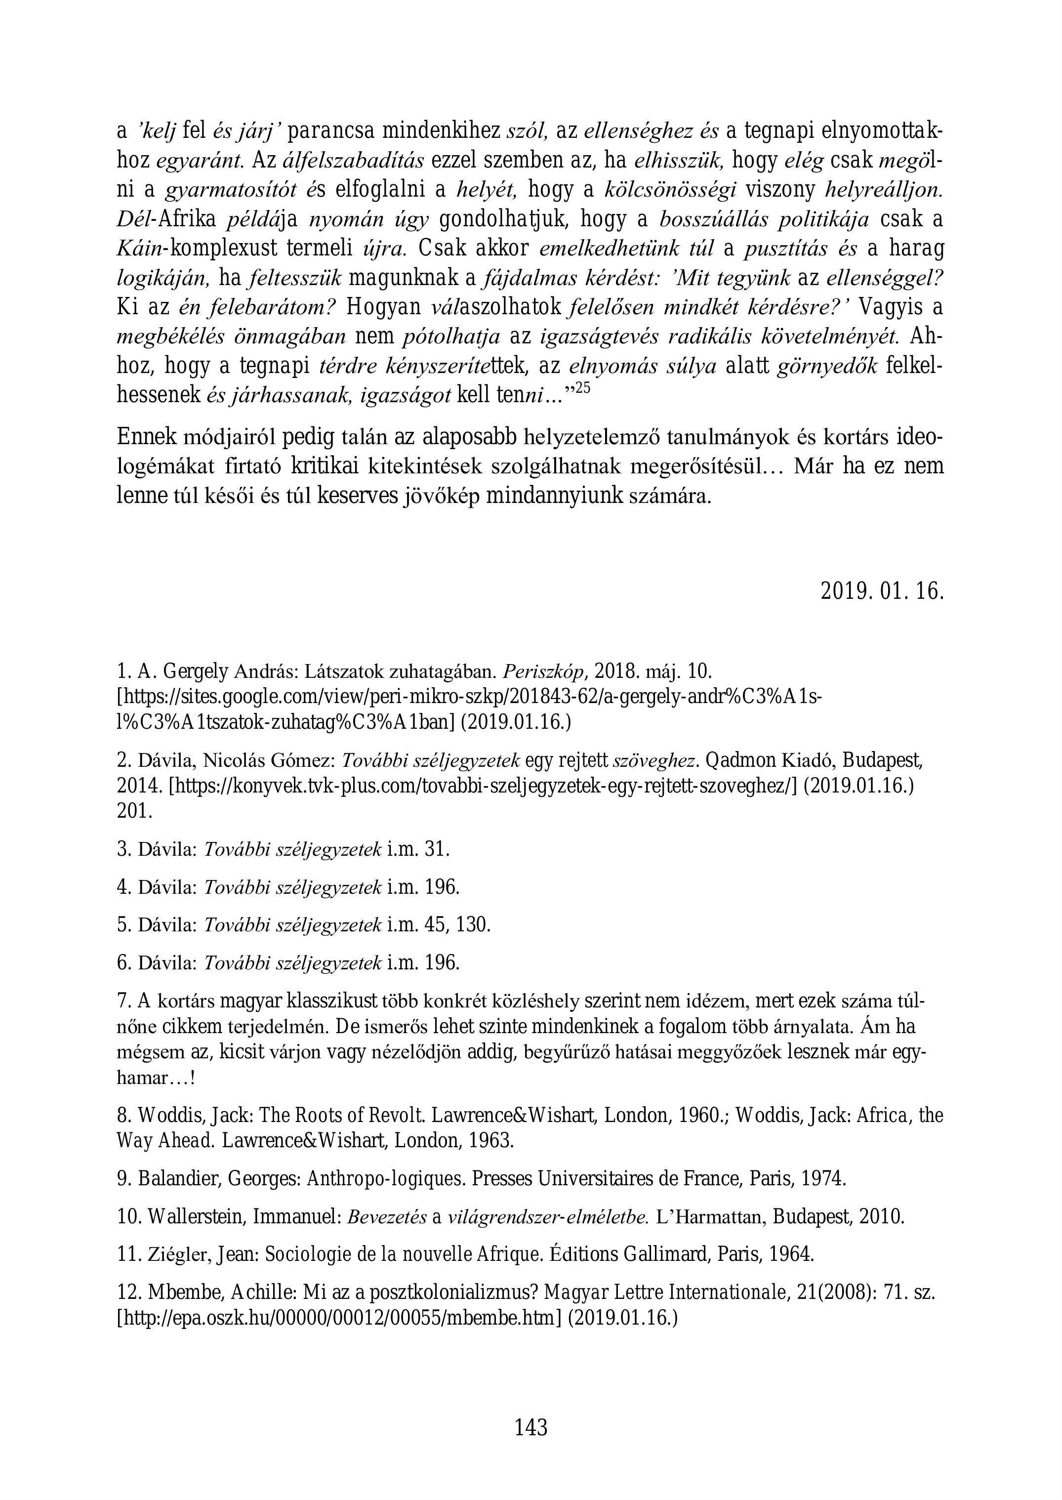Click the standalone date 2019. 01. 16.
tap(882, 591)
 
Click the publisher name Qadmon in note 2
tap(736, 760)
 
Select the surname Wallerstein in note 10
tap(201, 1217)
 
